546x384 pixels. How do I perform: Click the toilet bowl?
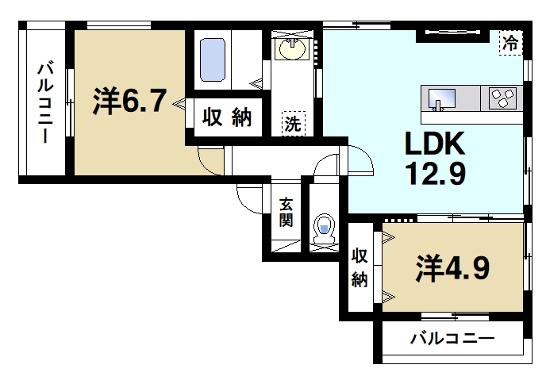324,228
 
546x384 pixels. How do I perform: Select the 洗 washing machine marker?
293,123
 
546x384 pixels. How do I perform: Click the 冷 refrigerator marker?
511,42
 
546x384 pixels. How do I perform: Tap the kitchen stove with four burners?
502,99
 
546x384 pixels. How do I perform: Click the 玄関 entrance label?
286,213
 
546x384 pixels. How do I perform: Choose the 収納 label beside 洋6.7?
225,119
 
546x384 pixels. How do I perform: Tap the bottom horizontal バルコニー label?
452,339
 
